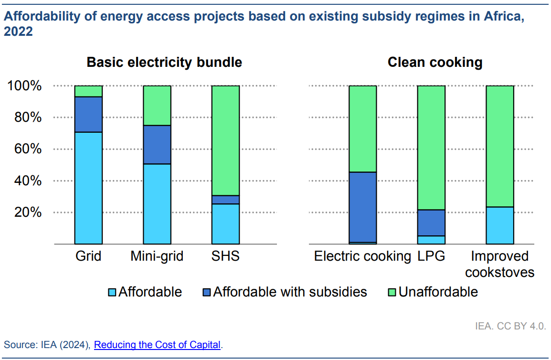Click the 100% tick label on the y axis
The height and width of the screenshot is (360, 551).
(25, 86)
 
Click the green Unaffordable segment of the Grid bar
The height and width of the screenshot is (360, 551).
(88, 91)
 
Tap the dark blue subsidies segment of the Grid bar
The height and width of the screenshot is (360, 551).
(88, 115)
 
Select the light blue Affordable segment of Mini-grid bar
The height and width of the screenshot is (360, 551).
(157, 204)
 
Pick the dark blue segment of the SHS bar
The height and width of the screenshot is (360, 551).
(225, 200)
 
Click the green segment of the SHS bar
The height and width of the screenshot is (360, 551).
(225, 141)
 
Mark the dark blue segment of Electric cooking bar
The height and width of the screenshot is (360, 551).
(363, 207)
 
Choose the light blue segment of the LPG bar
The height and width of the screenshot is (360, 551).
(431, 240)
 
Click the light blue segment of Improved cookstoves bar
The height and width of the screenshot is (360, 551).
(500, 225)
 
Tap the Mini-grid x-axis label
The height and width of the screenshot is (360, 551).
(157, 256)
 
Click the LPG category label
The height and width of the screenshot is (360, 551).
(431, 256)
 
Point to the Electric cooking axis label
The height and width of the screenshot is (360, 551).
(362, 256)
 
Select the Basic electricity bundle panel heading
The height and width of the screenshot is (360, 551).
(164, 63)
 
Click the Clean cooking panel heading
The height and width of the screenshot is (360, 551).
(435, 63)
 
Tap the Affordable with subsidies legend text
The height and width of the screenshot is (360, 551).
(290, 292)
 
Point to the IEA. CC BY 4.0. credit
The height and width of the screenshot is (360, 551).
(510, 327)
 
